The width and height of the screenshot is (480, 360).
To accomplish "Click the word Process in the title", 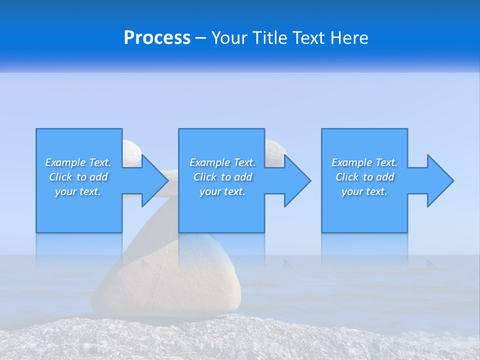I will coord(157,38).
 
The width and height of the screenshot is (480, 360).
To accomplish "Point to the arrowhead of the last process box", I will coord(440,180).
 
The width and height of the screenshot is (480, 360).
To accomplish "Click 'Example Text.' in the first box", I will coord(78,162).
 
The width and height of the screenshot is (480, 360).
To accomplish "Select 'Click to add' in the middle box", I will coord(222,177).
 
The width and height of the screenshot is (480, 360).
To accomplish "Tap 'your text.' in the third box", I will coord(364,191).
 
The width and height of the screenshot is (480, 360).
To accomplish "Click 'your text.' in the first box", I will coord(78,191).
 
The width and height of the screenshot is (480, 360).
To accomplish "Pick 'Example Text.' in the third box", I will coord(364,162).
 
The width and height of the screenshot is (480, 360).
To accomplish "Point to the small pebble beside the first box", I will coord(131,151).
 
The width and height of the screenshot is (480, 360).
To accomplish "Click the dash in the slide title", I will coord(201,38).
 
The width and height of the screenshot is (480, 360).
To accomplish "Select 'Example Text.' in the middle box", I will coord(222,162).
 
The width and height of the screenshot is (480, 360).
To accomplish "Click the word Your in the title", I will coord(229,38).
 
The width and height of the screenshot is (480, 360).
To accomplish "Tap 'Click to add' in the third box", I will coord(364,177).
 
